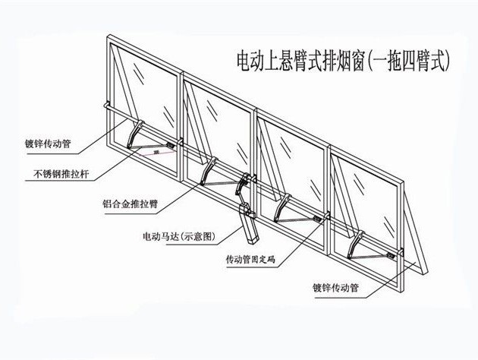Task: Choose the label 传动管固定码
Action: [x=254, y=260]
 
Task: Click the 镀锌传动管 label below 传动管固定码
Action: [x=335, y=288]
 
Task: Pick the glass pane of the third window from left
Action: [x=292, y=159]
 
